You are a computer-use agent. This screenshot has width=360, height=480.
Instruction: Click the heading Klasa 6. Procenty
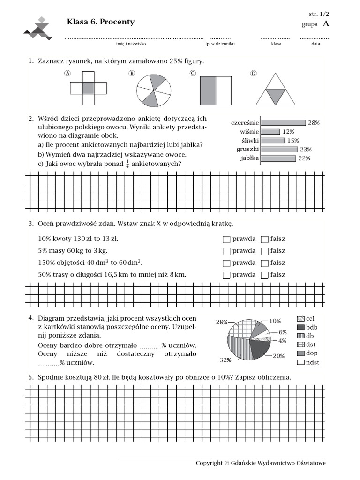click(x=101, y=22)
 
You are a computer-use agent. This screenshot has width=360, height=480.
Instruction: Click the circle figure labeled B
click(x=154, y=88)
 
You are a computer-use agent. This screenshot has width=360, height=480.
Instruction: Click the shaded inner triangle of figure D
click(x=275, y=96)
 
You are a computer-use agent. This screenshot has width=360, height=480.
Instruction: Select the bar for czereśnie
click(x=283, y=122)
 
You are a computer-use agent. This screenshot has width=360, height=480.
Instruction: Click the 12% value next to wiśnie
click(x=288, y=132)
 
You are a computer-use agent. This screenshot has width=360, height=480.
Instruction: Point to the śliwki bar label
click(x=248, y=140)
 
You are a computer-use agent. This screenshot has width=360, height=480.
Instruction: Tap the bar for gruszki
click(x=279, y=149)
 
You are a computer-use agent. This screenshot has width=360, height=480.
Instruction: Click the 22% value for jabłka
click(x=304, y=158)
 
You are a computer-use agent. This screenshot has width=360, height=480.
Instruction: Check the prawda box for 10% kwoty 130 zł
click(x=226, y=239)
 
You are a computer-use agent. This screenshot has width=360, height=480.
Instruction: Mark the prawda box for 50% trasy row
click(x=226, y=275)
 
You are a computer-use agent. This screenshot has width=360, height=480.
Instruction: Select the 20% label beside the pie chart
click(x=278, y=356)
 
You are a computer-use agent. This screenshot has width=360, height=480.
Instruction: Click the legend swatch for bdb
click(x=301, y=327)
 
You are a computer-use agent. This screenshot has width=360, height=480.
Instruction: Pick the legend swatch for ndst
click(x=301, y=362)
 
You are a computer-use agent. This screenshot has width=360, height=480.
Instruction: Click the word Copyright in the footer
click(x=209, y=463)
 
